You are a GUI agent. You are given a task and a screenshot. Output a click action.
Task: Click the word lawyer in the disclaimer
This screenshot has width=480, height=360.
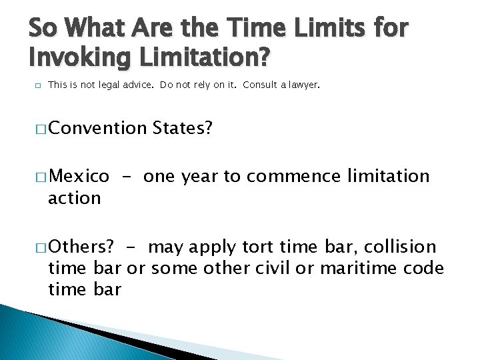tap(305, 85)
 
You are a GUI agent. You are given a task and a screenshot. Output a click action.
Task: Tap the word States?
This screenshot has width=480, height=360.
tap(183, 128)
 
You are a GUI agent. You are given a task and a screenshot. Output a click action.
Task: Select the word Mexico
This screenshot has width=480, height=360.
tap(79, 177)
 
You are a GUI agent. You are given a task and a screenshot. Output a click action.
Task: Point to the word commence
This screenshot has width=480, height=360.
tap(294, 177)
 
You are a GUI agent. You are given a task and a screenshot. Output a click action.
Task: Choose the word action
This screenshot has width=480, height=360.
tap(74, 198)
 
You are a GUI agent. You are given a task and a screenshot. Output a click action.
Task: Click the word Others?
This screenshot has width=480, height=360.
tap(81, 247)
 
